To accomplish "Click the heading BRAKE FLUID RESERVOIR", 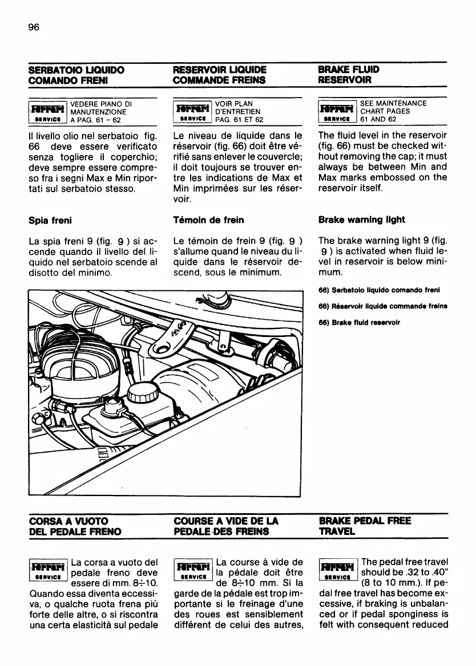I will (349, 75).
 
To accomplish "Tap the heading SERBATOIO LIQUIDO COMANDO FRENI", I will (76, 75).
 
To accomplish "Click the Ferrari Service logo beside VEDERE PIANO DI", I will (48, 112).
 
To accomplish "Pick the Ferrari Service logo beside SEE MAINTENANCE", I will (337, 112).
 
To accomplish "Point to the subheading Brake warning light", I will (361, 220).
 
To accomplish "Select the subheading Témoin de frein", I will (208, 220).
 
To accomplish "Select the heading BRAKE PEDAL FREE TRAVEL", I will (365, 526).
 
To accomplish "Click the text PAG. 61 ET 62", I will (239, 120).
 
